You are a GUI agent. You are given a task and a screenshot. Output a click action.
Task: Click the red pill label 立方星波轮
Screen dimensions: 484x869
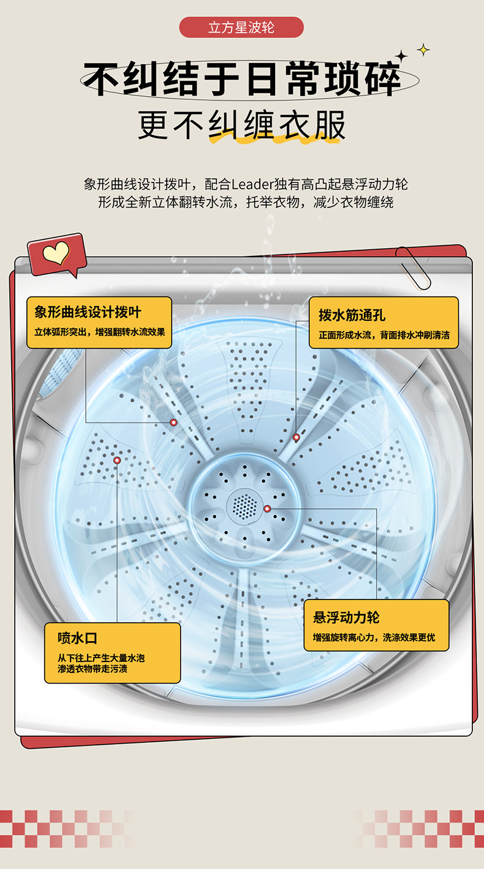click(x=241, y=28)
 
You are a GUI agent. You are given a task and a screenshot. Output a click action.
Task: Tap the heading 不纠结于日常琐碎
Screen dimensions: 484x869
click(x=241, y=80)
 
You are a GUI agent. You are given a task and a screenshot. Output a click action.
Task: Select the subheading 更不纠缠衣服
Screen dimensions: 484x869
click(x=241, y=126)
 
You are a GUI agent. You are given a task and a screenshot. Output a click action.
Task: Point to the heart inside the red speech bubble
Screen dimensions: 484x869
click(x=56, y=252)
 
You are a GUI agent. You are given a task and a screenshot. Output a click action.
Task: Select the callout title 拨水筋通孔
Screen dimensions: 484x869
click(x=352, y=315)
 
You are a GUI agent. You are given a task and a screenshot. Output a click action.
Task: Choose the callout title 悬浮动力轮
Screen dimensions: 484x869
click(x=346, y=617)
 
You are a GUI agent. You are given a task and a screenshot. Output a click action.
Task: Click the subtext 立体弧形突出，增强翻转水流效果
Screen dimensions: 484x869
click(x=99, y=333)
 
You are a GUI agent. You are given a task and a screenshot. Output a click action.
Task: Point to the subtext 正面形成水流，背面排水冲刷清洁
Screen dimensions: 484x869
click(x=384, y=335)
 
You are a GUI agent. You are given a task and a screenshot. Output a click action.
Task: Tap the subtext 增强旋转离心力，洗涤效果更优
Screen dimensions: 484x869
click(x=374, y=638)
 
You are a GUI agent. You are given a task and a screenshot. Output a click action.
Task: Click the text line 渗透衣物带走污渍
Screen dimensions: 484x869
click(x=93, y=669)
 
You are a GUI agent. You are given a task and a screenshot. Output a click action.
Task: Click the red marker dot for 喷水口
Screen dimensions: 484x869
click(x=117, y=460)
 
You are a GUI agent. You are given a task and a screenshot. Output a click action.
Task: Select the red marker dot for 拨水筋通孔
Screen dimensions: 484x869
click(x=297, y=437)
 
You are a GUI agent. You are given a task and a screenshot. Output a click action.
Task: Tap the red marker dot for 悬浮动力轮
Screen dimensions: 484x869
click(x=267, y=508)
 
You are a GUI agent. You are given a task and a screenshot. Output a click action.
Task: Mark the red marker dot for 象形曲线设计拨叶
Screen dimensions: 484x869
click(x=173, y=423)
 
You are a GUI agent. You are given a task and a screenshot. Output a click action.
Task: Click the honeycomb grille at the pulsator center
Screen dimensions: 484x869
click(x=245, y=506)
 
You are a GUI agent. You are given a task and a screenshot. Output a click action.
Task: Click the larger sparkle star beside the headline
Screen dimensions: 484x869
click(x=402, y=56)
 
